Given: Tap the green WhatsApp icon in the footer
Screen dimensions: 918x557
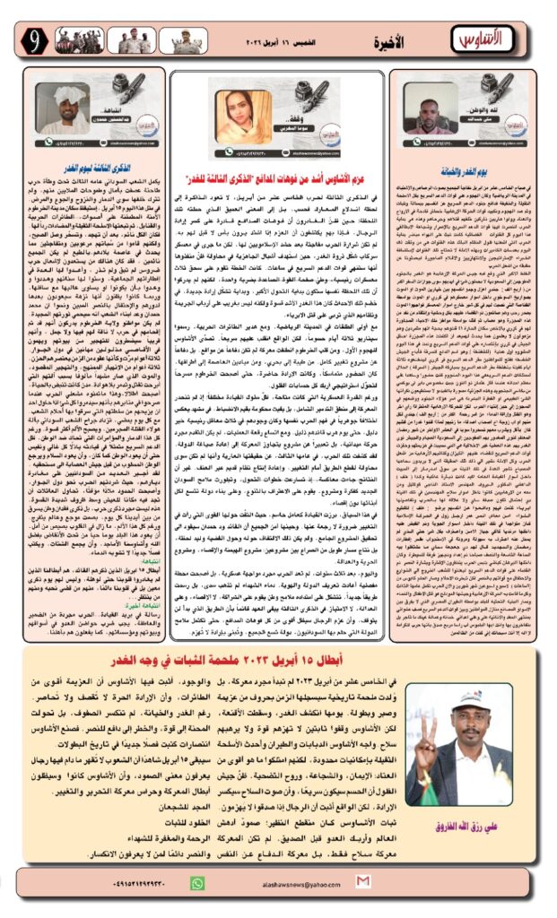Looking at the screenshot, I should click(x=197, y=883).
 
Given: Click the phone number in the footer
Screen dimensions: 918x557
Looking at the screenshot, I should click(x=125, y=884).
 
